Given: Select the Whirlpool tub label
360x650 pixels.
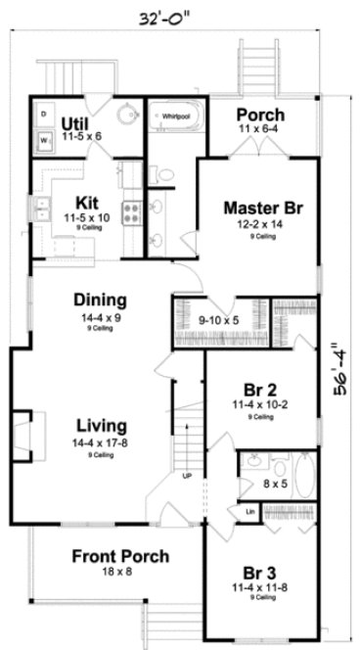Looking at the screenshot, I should [176, 115].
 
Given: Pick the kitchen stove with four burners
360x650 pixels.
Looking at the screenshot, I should [132, 209].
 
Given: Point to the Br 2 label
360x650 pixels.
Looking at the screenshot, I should [261, 387].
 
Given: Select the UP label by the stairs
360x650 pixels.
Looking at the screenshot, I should [187, 477].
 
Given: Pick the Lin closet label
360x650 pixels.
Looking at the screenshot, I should [250, 510].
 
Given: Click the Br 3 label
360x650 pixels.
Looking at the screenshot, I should [261, 572].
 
